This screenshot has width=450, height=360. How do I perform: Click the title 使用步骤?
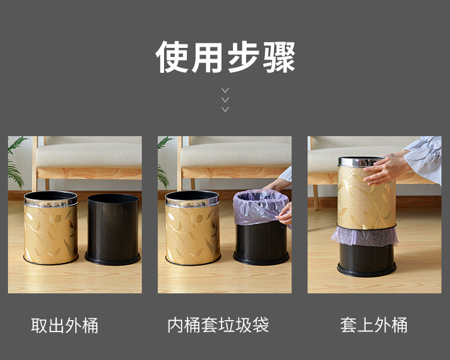point(226,57)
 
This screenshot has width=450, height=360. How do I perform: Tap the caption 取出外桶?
point(64,325)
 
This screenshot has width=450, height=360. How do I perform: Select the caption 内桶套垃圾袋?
point(218,325)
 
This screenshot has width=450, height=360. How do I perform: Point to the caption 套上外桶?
point(374,325)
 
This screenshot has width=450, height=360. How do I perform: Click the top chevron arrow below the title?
point(226,90)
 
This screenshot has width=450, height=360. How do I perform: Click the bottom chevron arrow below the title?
point(226,109)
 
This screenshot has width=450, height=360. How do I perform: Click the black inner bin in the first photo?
point(113,229)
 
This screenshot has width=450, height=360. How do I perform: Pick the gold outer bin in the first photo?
point(51,228)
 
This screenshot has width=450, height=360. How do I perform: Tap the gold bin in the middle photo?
point(193,228)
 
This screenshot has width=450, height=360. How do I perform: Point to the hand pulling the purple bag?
point(284,214)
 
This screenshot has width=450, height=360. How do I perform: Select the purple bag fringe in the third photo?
point(365,236)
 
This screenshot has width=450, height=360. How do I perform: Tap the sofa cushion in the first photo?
point(89,155)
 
